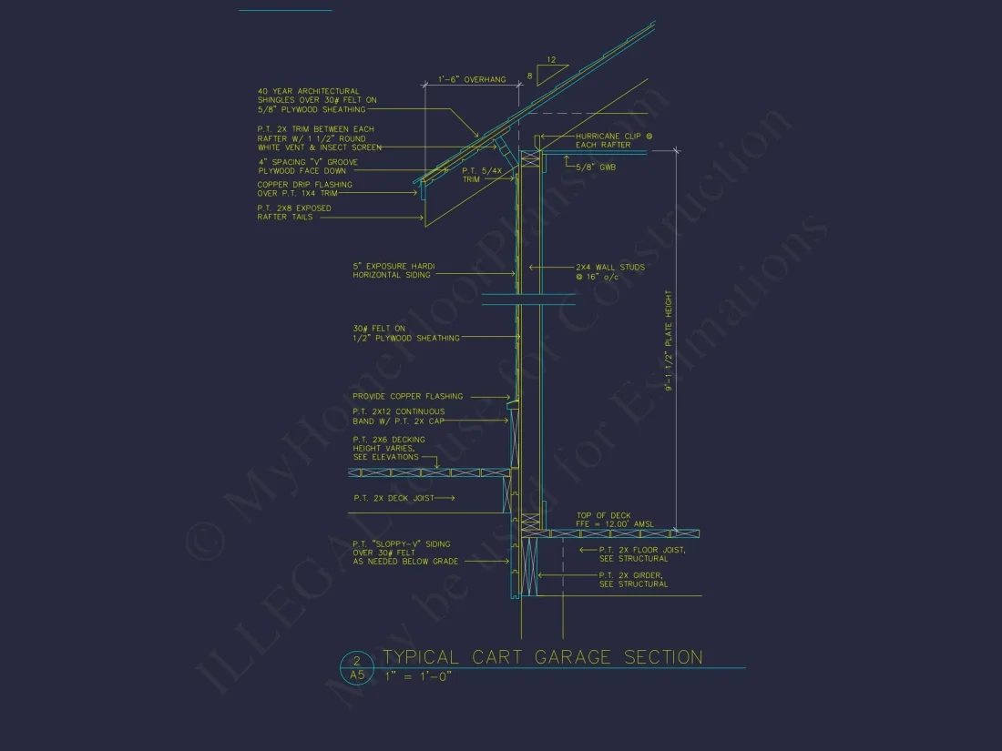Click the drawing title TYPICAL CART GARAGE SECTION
click(542, 657)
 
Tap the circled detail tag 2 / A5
click(356, 669)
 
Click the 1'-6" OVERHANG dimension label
click(472, 80)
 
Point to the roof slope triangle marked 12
click(552, 67)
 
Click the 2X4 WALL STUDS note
click(609, 271)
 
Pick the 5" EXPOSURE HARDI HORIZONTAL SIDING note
click(394, 270)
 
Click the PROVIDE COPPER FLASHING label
click(407, 396)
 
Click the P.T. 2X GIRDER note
click(633, 580)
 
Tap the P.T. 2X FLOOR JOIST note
click(641, 554)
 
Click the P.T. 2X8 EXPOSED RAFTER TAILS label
click(293, 213)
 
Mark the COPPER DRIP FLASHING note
click(304, 189)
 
